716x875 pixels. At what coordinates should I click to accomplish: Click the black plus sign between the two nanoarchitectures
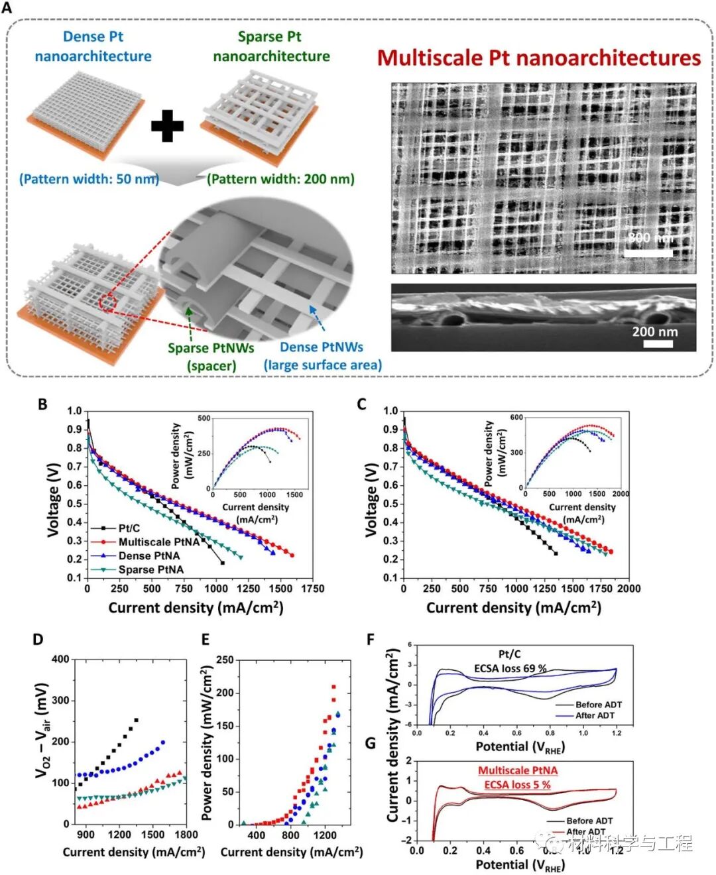[167, 125]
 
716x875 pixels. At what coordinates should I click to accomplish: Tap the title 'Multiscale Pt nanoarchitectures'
[538, 58]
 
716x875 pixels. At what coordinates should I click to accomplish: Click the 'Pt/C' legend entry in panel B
[129, 528]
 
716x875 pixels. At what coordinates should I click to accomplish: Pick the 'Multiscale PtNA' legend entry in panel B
[158, 542]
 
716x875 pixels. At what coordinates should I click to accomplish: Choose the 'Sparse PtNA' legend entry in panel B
[150, 569]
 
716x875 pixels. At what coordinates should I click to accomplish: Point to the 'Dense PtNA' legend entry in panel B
[149, 555]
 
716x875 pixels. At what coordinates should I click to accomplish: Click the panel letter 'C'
[362, 404]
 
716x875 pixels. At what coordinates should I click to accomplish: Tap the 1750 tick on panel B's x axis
[312, 589]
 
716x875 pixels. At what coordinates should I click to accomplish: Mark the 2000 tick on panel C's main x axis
[628, 589]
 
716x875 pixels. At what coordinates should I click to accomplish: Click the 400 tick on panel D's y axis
[60, 659]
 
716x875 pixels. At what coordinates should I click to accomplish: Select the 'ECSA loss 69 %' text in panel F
[510, 668]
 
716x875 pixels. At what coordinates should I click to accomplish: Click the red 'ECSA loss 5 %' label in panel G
[517, 785]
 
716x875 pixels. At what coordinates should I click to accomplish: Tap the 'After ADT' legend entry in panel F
[594, 715]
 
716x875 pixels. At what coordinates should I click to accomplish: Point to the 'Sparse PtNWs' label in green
[210, 348]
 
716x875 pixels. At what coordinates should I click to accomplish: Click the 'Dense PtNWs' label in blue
[322, 347]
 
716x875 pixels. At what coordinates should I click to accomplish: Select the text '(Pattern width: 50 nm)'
[89, 179]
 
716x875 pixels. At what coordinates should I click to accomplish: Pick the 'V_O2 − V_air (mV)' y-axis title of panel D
[42, 729]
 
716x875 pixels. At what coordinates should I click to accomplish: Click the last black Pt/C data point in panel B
[222, 563]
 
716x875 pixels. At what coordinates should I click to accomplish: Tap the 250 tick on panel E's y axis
[225, 660]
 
